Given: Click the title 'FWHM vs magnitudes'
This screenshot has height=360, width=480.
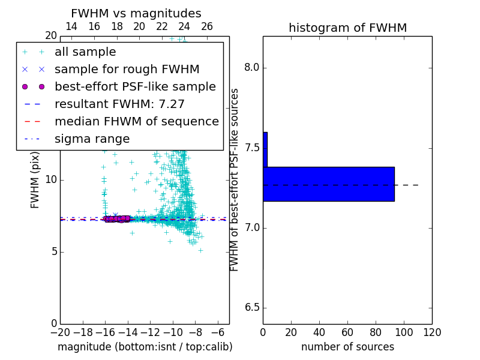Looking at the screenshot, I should [x=136, y=13].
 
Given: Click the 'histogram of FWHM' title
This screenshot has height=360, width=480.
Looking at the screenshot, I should [x=347, y=28].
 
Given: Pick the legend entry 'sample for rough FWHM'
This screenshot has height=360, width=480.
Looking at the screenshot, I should [x=127, y=69].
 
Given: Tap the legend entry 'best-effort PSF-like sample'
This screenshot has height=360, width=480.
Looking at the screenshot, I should [x=135, y=86].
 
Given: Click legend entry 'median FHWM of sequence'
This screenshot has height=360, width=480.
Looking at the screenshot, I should [x=136, y=121].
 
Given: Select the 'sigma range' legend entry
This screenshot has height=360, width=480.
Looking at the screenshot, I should [x=92, y=139].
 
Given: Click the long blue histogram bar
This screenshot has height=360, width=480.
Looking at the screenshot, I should [x=328, y=184].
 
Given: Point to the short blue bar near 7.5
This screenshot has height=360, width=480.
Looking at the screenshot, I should [x=265, y=149].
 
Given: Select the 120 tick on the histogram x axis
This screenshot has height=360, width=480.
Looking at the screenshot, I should [x=432, y=332].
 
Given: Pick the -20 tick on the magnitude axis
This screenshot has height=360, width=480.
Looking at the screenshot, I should [x=60, y=332].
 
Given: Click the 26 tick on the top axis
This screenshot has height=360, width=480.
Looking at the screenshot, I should [x=207, y=26].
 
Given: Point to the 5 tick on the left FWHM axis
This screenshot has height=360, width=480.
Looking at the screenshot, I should [x=53, y=251].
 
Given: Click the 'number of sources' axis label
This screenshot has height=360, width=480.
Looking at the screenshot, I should [x=347, y=347].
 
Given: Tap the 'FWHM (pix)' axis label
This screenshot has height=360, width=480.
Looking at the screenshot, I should [x=35, y=180].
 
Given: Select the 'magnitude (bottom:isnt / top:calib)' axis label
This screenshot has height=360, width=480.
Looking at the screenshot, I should [x=145, y=347].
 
